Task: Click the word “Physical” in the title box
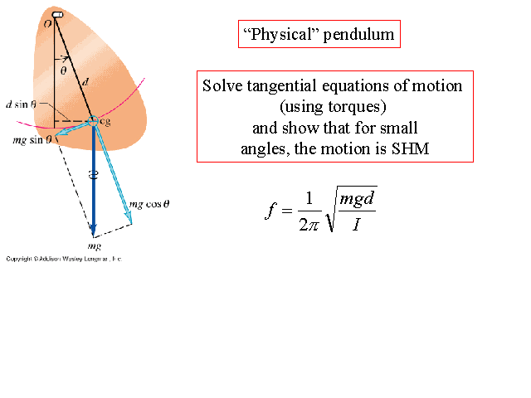pyautogui.click(x=275, y=35)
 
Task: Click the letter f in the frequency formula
pyautogui.click(x=270, y=211)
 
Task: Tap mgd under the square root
pyautogui.click(x=357, y=200)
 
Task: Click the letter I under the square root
pyautogui.click(x=355, y=226)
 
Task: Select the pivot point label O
pyautogui.click(x=47, y=25)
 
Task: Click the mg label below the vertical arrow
pyautogui.click(x=94, y=247)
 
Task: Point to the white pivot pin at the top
pyautogui.click(x=57, y=15)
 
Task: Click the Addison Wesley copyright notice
pyautogui.click(x=63, y=259)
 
